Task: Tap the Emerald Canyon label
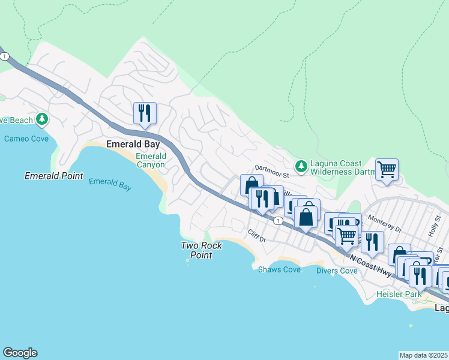(151, 160)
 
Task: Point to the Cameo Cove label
(26, 139)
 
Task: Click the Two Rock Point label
(202, 250)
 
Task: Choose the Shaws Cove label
(279, 270)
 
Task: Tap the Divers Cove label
(337, 271)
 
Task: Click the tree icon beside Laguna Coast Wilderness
(301, 165)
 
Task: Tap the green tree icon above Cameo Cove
(41, 120)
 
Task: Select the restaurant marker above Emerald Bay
(145, 113)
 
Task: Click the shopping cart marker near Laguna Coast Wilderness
(387, 169)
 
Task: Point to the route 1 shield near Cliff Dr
(278, 221)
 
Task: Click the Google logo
(20, 353)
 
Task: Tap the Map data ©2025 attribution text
(423, 355)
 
